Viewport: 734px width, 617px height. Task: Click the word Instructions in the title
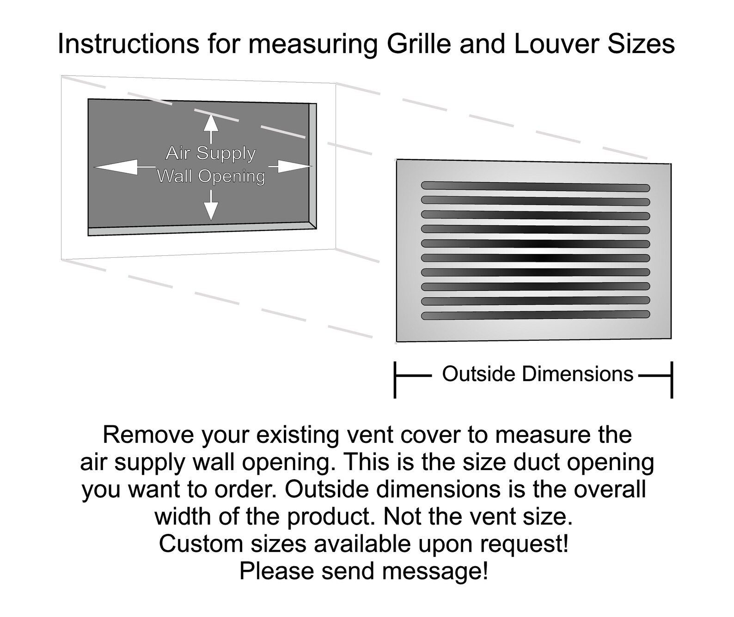(128, 44)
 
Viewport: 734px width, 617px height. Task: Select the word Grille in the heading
(419, 44)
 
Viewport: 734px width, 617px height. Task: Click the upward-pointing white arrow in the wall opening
(211, 129)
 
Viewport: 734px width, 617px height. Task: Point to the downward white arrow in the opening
(211, 205)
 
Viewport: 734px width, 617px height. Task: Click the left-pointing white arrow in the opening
(125, 166)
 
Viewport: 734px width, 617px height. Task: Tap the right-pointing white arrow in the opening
(290, 166)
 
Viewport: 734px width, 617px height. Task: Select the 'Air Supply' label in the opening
(211, 153)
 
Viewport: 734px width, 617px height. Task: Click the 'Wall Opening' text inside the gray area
(211, 176)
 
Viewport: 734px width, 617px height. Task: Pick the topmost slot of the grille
(535, 187)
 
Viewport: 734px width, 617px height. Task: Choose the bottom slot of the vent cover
(535, 315)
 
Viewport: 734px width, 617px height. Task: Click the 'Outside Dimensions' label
(538, 374)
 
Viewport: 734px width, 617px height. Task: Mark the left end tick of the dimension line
(395, 380)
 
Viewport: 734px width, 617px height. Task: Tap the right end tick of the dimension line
(672, 380)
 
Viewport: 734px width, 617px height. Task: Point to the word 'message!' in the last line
(435, 571)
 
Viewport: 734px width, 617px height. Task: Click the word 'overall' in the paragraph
(610, 489)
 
